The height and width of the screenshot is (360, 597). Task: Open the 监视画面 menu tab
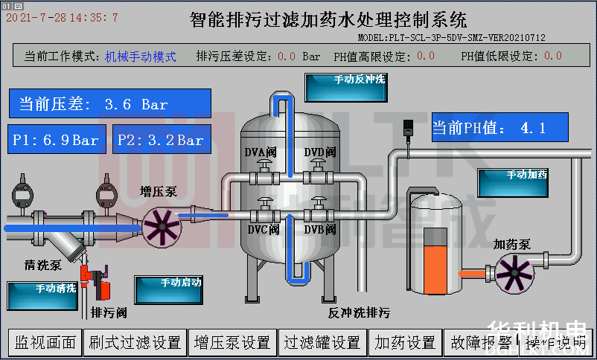[46, 342]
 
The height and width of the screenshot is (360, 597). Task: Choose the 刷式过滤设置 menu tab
[135, 342]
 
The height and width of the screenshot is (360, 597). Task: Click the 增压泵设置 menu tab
[232, 342]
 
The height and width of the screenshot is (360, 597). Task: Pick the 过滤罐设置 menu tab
[323, 342]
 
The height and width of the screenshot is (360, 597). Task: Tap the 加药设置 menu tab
[406, 342]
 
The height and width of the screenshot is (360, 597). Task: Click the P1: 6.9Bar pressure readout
[57, 140]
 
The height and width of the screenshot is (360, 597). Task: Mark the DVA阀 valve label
[261, 152]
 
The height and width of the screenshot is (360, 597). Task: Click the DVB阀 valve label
[320, 230]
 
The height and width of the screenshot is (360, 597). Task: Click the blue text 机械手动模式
[141, 56]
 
